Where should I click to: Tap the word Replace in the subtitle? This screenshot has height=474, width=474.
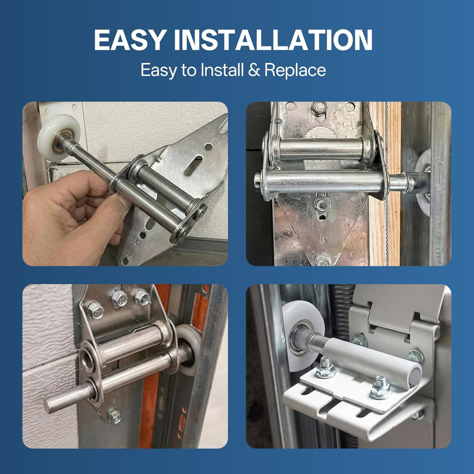(x=295, y=70)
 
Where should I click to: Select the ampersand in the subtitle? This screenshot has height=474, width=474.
(x=254, y=70)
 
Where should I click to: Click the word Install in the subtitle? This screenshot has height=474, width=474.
(x=222, y=70)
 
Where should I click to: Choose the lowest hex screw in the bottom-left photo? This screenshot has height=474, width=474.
(x=114, y=416)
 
